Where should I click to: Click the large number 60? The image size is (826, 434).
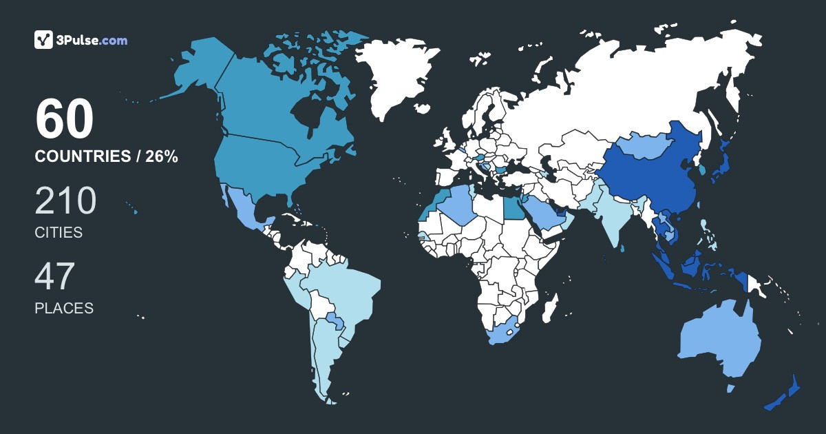64,120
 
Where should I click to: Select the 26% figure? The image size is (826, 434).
160,157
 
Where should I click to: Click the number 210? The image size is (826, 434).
65,201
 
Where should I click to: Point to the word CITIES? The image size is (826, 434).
59,233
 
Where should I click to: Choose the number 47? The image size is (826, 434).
54,276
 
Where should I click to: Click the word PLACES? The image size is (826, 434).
64,309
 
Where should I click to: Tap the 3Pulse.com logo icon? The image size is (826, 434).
44,40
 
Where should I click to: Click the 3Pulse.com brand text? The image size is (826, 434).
94,41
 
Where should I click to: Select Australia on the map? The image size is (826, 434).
719,341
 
